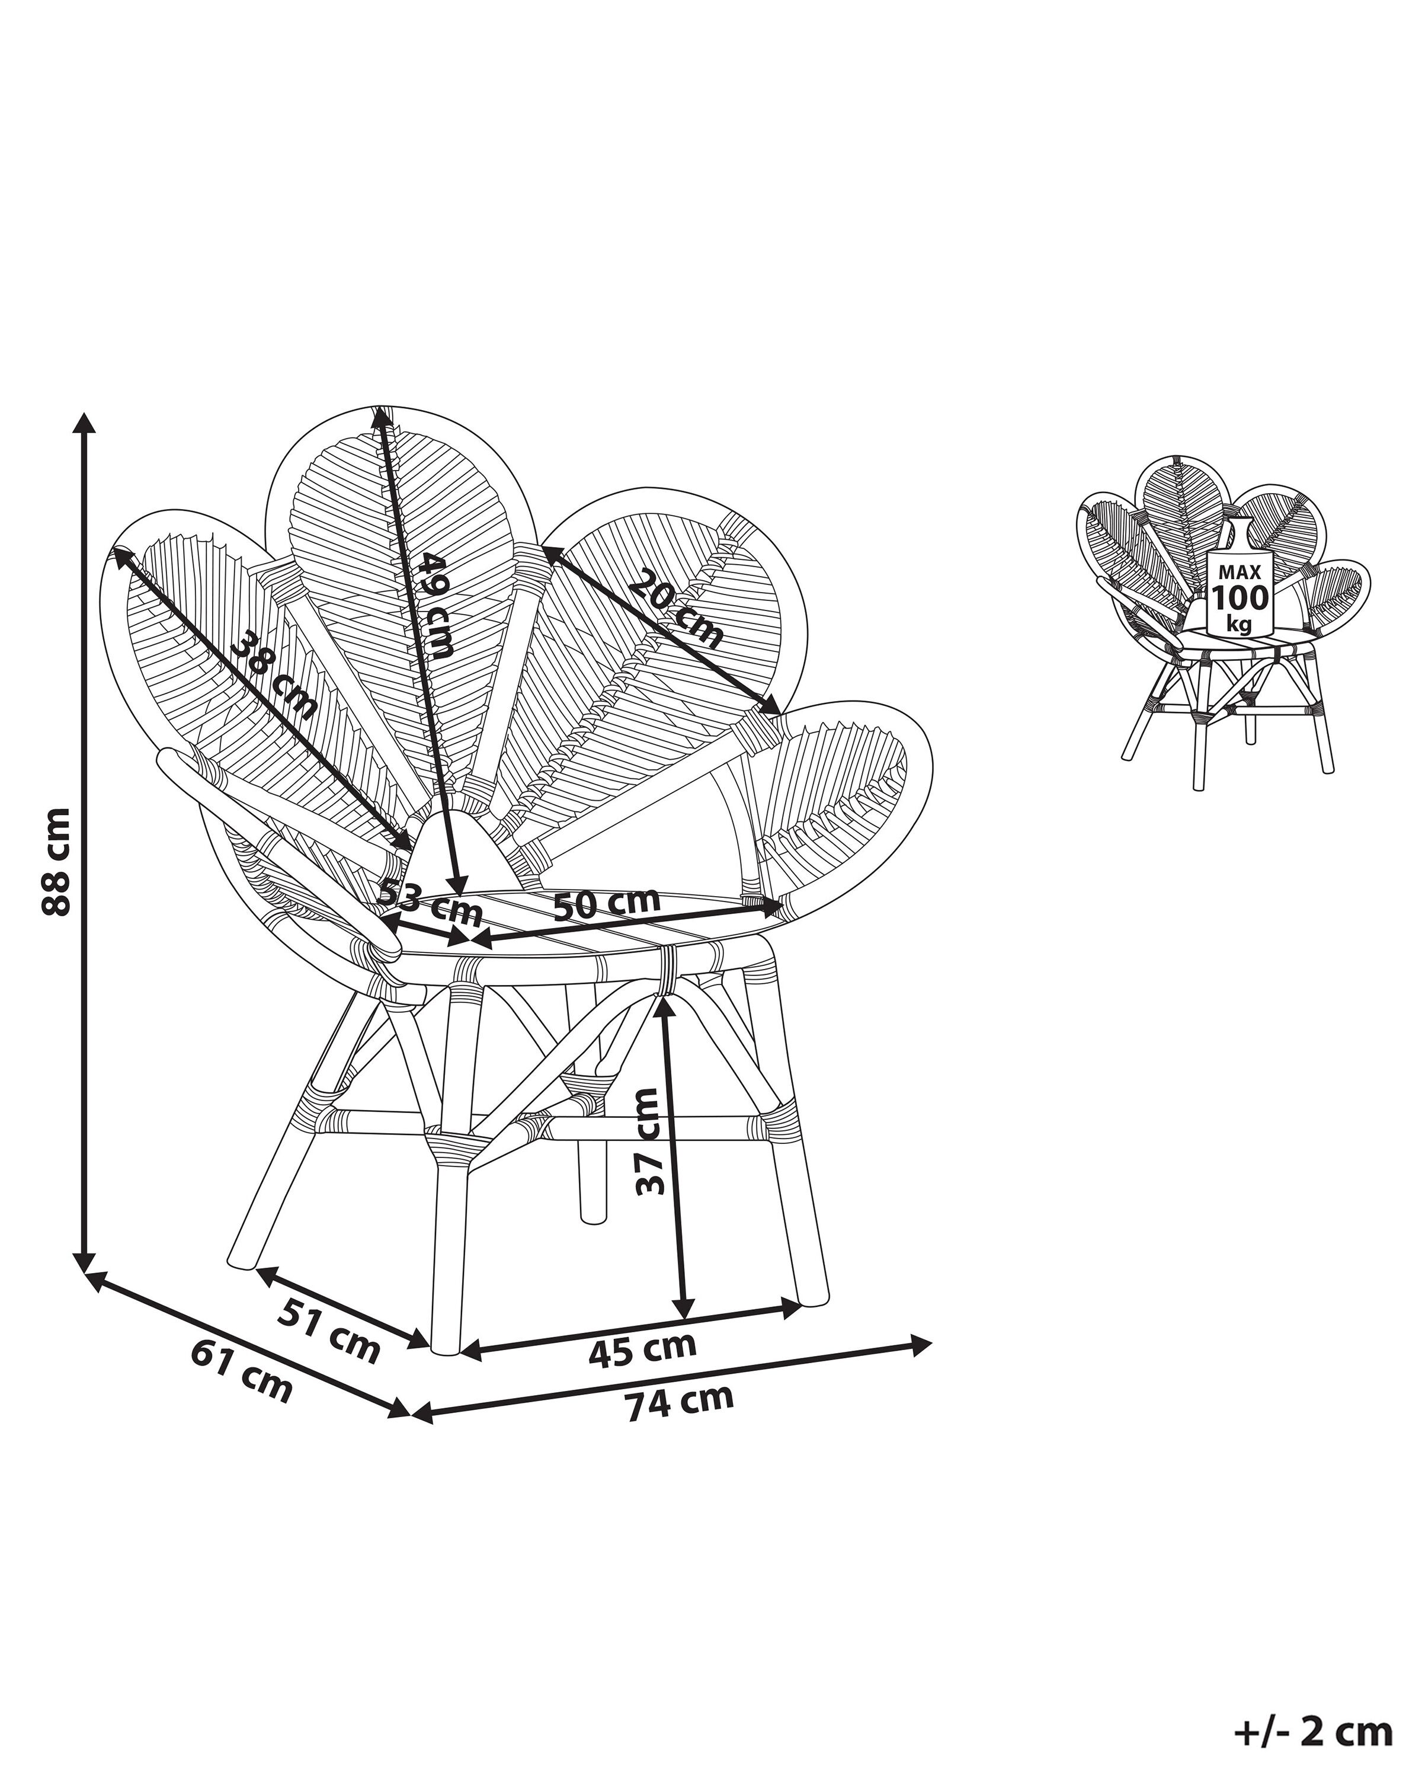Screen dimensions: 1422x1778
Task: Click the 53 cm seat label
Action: [428, 901]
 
